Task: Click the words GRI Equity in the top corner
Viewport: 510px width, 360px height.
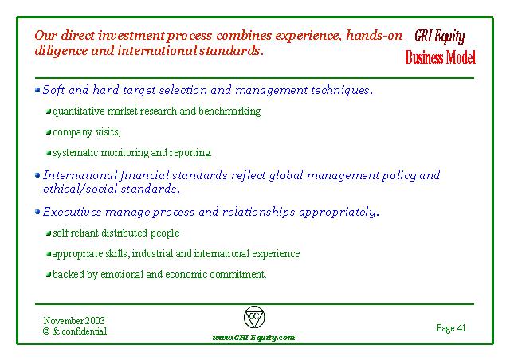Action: click(x=439, y=37)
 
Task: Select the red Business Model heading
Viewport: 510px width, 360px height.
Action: click(x=441, y=57)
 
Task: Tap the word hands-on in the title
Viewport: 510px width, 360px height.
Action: click(x=374, y=35)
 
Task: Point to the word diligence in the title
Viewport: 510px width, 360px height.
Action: click(x=61, y=52)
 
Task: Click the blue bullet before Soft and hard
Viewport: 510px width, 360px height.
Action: click(x=37, y=90)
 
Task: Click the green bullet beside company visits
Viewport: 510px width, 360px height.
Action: click(x=49, y=132)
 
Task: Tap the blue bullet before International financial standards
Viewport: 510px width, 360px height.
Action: click(x=37, y=175)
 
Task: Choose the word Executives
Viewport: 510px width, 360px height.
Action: click(x=73, y=212)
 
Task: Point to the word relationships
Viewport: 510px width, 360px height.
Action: click(x=258, y=212)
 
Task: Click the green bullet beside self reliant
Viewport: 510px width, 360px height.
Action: click(x=49, y=233)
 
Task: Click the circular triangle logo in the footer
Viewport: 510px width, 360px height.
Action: click(x=254, y=317)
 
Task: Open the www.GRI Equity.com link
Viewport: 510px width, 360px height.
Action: click(x=253, y=338)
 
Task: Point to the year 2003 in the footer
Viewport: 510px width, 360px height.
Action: click(x=95, y=321)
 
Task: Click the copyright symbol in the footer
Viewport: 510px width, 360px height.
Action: click(x=46, y=331)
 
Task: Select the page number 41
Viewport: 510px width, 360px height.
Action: click(x=461, y=328)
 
